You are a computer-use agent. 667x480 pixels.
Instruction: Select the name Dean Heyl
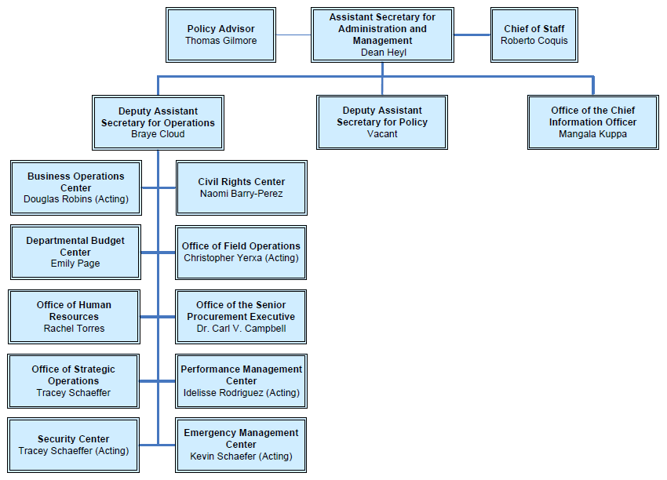coord(382,53)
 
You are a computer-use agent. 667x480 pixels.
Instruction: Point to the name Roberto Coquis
coord(534,41)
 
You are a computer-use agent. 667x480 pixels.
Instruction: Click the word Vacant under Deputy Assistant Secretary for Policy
coord(382,134)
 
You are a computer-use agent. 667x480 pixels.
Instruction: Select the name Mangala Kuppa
coord(592,134)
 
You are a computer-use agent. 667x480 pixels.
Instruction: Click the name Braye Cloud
coord(158,134)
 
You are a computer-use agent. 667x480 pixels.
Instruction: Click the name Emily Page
coord(75,264)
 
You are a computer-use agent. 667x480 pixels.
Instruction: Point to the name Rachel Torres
coord(74,329)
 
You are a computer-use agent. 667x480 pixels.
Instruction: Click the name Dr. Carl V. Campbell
coord(241,329)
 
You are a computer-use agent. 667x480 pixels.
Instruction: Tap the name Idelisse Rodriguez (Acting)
coord(241,393)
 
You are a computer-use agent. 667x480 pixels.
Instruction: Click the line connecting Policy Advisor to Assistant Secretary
coord(293,35)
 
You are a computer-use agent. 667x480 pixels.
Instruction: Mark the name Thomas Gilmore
coord(221,41)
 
